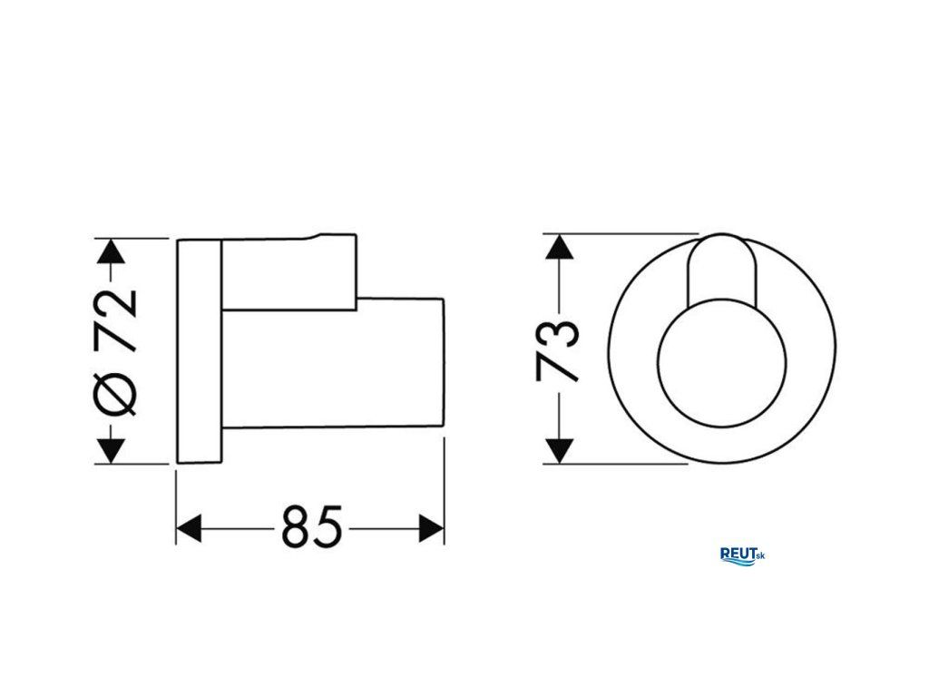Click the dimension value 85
point(312,525)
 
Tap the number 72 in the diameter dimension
point(115,321)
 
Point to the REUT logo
point(742,556)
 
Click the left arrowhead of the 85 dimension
point(189,527)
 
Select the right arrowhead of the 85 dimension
point(431,527)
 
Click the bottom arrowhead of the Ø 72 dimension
point(111,451)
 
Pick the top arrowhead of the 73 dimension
point(559,246)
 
